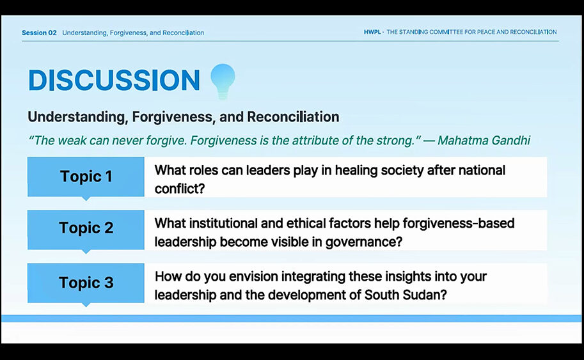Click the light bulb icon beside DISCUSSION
point(223,81)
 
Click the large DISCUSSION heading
point(114,80)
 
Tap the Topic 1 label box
point(86,177)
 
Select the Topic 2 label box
point(86,230)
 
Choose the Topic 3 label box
point(86,283)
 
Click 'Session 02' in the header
point(39,33)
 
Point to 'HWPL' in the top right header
point(372,32)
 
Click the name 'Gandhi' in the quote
point(510,140)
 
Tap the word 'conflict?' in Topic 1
point(180,189)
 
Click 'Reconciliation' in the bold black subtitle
point(293,117)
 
